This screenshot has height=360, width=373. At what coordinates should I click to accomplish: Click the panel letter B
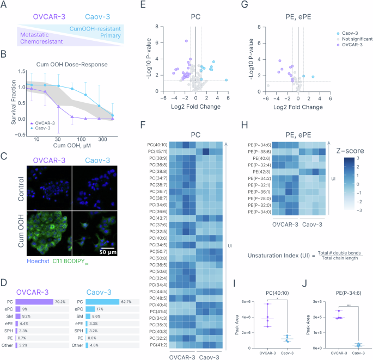[4, 54]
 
